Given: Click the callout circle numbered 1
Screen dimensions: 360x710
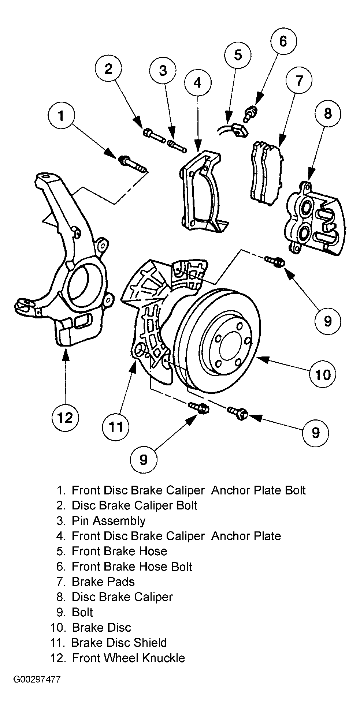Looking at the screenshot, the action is [x=62, y=116].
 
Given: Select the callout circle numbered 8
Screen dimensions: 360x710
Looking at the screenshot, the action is [x=327, y=113].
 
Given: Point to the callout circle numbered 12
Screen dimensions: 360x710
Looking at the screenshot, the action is [x=66, y=417].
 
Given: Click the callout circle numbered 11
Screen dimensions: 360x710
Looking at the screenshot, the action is [x=116, y=426].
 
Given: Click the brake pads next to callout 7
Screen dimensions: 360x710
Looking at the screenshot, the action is [x=266, y=171].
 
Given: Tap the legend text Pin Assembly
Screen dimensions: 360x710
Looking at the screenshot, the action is [x=108, y=520].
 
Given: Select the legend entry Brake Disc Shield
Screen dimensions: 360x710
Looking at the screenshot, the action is [x=119, y=642].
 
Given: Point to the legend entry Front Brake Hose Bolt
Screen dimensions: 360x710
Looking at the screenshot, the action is [x=132, y=567].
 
